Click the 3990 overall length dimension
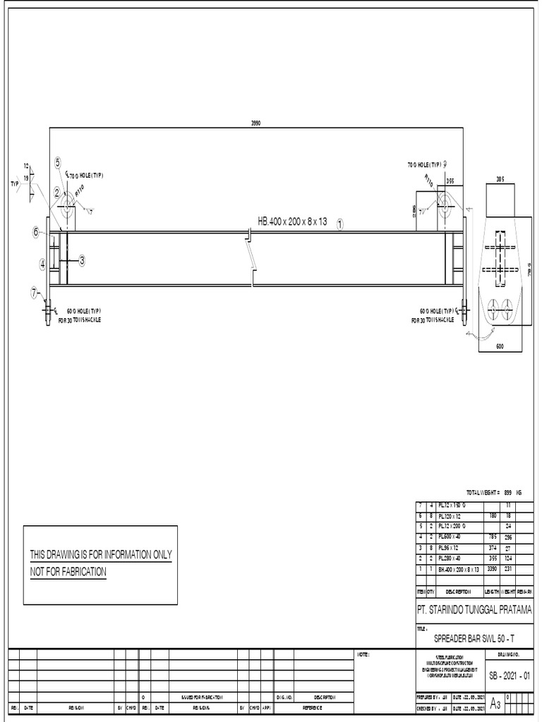(256, 123)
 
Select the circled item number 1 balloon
(339, 224)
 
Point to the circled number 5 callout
(58, 163)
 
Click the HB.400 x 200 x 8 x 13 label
(292, 221)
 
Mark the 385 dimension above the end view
(500, 178)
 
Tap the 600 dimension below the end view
(500, 345)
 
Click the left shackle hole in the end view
(493, 307)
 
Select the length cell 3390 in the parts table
(493, 568)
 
